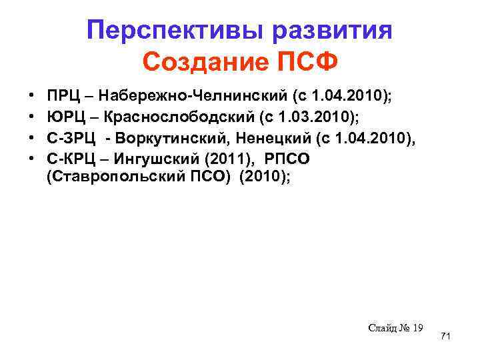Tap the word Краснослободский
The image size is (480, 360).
click(180, 118)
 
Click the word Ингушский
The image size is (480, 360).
click(147, 159)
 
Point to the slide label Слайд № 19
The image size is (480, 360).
click(395, 327)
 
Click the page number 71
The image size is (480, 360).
click(446, 337)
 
